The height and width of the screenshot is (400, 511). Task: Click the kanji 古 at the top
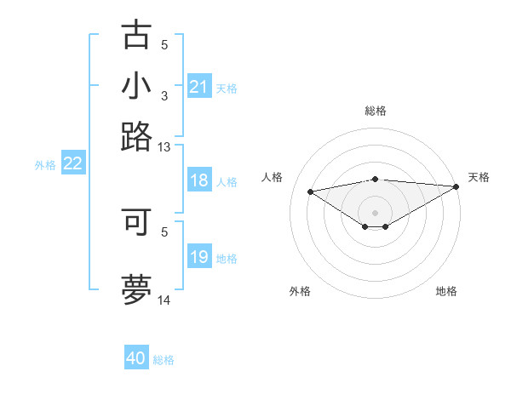[137, 35]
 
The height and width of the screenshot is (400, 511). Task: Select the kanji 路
[137, 136]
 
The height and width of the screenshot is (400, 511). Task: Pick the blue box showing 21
[198, 88]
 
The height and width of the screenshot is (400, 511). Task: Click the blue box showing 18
[198, 181]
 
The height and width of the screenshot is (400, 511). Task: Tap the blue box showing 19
[198, 258]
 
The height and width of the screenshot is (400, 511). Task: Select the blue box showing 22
[72, 164]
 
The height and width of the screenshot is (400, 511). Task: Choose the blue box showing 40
[136, 358]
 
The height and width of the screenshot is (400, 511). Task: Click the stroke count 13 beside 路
[164, 147]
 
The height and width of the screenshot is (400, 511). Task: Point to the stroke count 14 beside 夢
[164, 300]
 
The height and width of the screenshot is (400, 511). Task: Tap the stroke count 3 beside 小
[164, 96]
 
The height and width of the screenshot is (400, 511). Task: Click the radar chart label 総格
[376, 111]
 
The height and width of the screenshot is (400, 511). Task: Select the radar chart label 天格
[479, 177]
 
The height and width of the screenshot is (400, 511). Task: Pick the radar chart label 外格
[300, 291]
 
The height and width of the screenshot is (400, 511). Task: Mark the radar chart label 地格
[446, 291]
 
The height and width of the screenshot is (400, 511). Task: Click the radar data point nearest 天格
[456, 186]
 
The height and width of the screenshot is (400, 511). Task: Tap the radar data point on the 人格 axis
[310, 191]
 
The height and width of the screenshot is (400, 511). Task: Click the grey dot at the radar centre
[376, 212]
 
